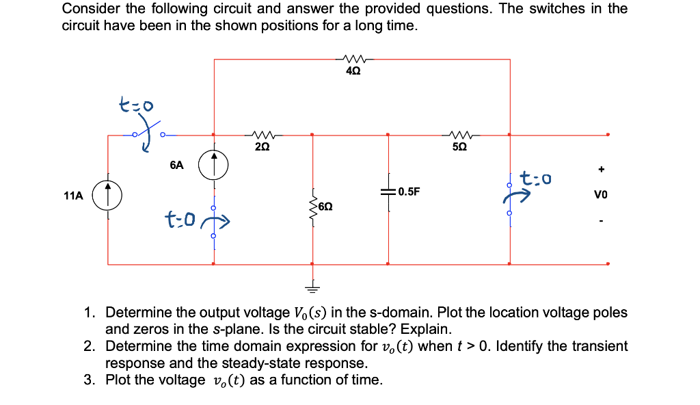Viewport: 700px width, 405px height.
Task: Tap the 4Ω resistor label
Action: click(354, 72)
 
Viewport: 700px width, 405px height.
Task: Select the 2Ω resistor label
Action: click(262, 147)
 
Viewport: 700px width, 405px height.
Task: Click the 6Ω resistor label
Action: click(326, 205)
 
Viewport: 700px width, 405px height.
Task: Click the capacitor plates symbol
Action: click(388, 192)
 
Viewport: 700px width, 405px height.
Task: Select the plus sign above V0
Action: click(602, 168)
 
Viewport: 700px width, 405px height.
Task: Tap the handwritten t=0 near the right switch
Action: click(535, 180)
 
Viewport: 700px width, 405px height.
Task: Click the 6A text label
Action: click(176, 165)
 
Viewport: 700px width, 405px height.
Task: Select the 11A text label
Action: click(73, 196)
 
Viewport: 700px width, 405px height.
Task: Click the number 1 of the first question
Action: click(89, 313)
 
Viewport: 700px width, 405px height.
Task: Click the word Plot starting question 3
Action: click(120, 380)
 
